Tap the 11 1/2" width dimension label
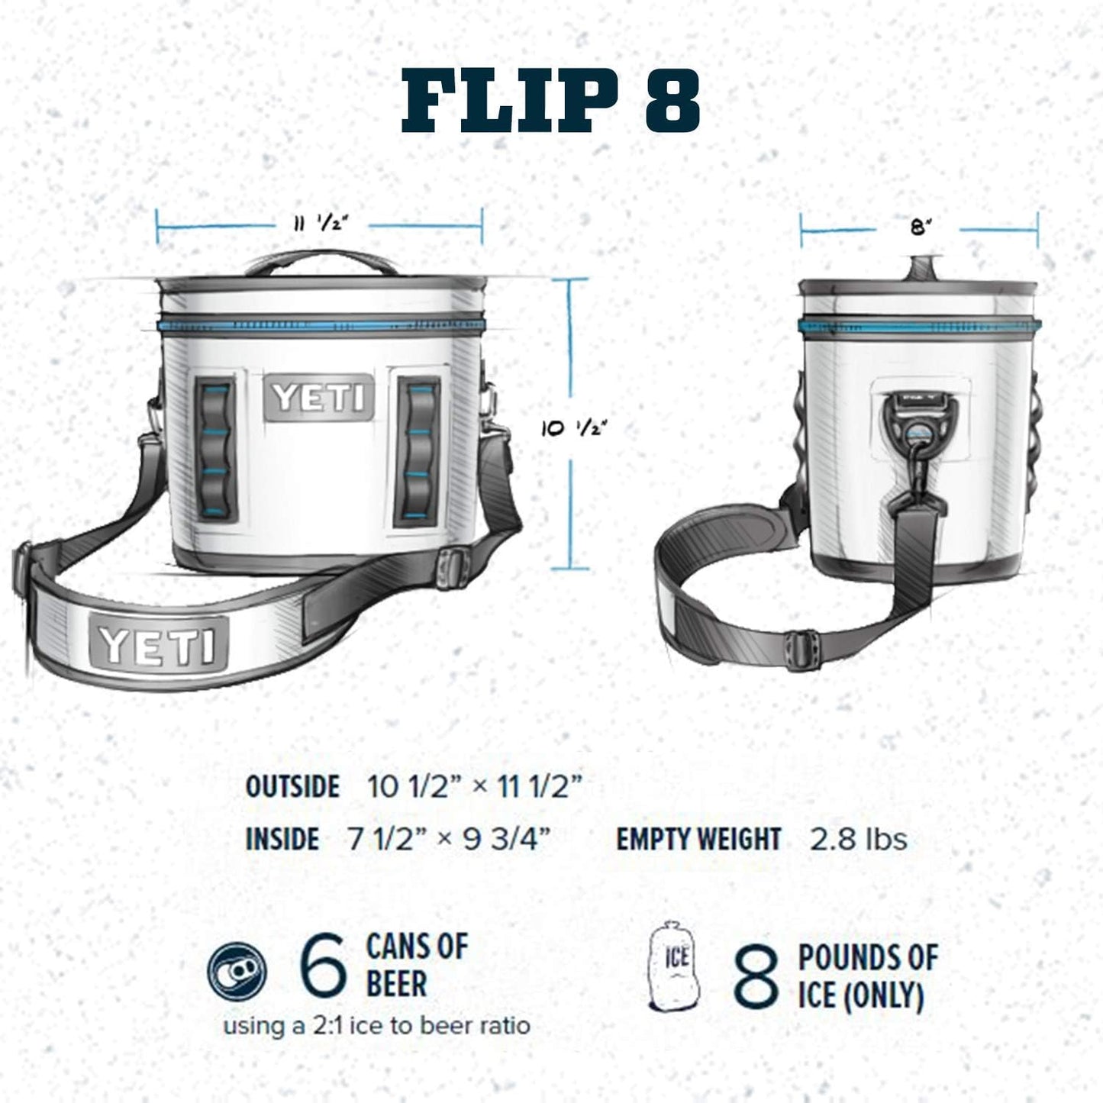coord(320,224)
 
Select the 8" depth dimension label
coord(921,227)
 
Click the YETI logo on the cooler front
coord(319,398)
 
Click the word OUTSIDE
coord(292,786)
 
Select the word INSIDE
coord(282,840)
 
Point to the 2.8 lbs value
coord(858,840)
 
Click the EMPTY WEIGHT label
coord(698,840)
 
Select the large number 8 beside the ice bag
coord(756,976)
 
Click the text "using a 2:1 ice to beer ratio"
coord(376,1025)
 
